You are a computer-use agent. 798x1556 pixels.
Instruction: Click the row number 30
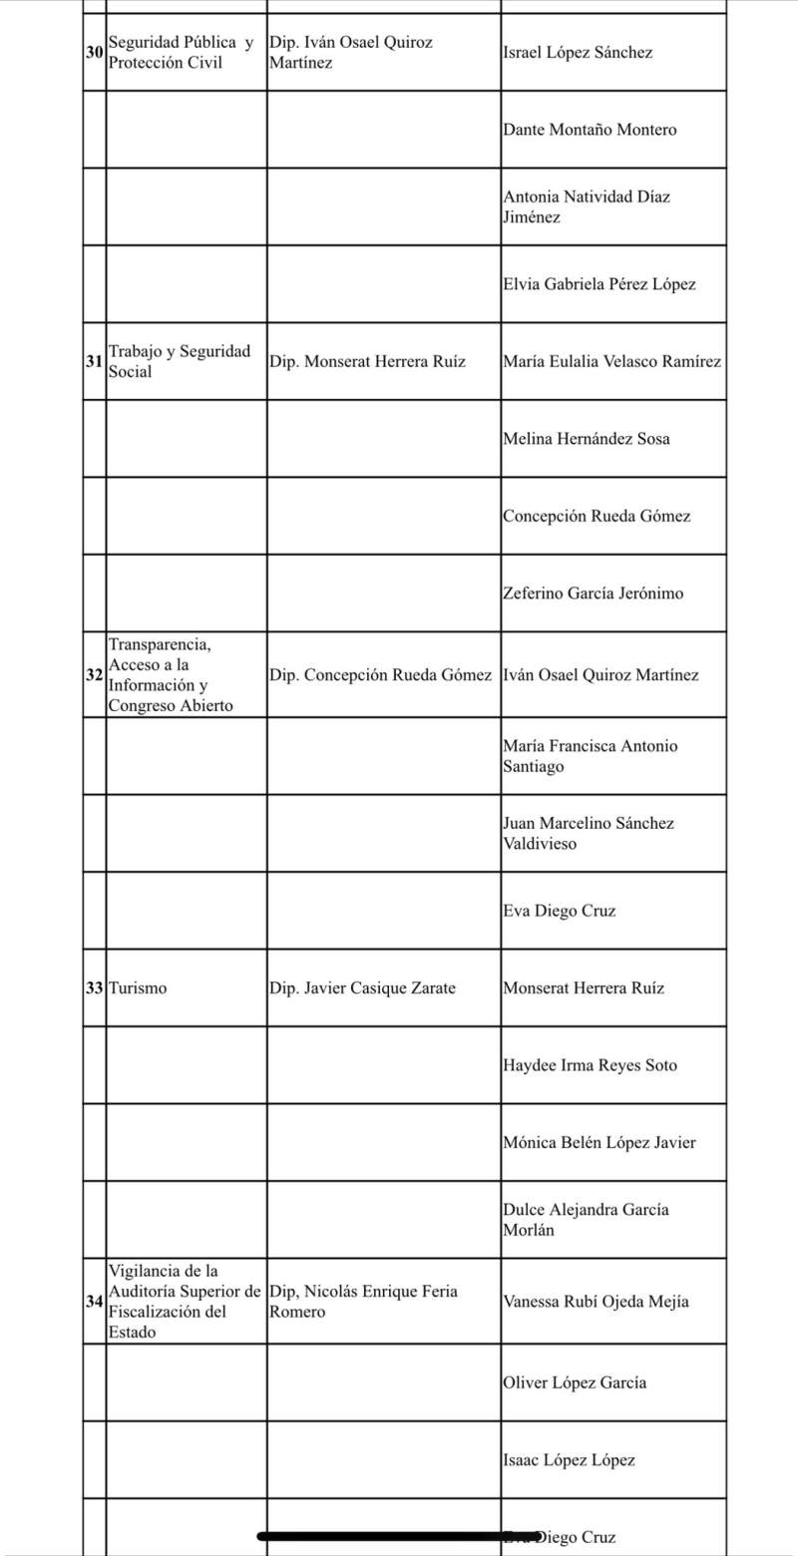94,53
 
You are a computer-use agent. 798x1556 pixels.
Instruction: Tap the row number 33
94,988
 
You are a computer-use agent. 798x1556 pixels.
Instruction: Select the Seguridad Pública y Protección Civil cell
180,53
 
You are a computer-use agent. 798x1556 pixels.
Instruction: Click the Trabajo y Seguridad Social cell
180,361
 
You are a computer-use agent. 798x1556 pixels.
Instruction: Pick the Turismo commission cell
140,988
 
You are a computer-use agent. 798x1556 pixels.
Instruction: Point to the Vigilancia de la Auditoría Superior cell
185,1301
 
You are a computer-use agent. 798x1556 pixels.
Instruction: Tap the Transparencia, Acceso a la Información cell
172,674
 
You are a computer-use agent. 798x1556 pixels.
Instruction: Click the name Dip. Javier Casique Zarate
362,988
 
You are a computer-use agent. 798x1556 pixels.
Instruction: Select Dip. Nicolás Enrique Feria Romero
363,1301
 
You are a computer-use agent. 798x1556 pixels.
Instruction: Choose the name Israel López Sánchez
578,53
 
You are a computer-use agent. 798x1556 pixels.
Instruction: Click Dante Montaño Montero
590,130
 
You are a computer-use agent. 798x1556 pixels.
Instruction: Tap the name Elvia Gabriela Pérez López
599,284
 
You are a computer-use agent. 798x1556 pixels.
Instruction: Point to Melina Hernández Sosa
587,439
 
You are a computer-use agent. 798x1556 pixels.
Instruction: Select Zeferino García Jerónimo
594,593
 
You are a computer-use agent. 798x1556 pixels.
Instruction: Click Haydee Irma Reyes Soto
590,1065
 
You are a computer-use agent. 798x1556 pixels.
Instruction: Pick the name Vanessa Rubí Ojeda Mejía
596,1301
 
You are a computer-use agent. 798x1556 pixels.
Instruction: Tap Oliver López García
574,1382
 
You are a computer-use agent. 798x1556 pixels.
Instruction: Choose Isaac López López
569,1460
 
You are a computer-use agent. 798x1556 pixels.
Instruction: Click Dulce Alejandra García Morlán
586,1219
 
